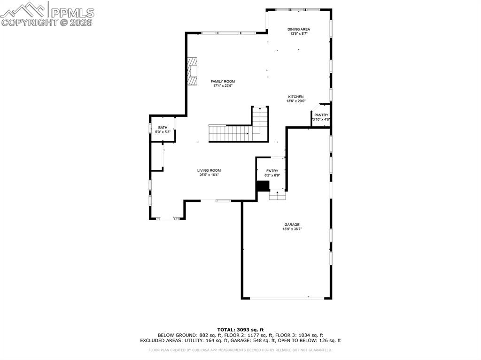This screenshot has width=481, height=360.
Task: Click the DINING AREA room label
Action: click(299, 29)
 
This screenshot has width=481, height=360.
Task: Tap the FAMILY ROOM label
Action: click(223, 81)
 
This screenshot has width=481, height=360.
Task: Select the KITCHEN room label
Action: click(296, 97)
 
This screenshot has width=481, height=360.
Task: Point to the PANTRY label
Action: click(321, 115)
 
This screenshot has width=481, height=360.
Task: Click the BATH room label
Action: click(163, 128)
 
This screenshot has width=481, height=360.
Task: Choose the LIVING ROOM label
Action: click(209, 170)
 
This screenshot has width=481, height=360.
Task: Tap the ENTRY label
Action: click(272, 171)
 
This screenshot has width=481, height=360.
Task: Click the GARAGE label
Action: click(291, 224)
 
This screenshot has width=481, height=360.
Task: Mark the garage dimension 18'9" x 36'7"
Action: click(291, 229)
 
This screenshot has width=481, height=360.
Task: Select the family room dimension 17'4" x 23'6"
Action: click(223, 86)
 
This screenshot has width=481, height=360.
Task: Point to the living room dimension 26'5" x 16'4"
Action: click(209, 175)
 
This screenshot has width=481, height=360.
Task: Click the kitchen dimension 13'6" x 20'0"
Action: click(296, 101)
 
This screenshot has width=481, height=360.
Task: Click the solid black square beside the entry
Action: click(263, 186)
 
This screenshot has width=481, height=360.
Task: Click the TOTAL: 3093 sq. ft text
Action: click(240, 329)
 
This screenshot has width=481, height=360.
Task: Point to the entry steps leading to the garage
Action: click(278, 195)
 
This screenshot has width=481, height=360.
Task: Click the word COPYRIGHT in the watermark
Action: click(30, 22)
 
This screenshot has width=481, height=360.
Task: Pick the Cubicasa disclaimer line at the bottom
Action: click(240, 350)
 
